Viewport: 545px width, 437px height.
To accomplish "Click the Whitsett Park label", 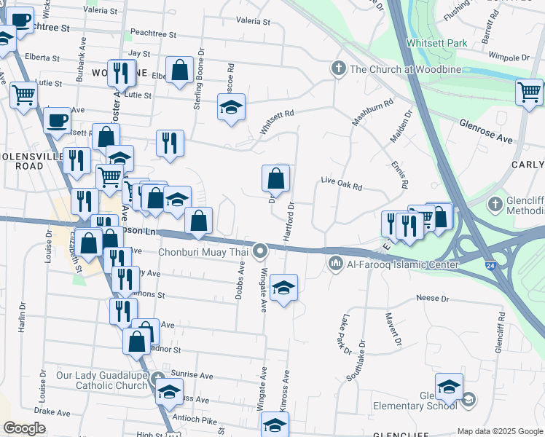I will (437, 44).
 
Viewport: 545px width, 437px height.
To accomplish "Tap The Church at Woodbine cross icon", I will (338, 69).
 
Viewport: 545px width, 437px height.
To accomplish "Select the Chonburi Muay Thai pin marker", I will (261, 252).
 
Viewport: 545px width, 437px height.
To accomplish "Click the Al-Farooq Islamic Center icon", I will (336, 263).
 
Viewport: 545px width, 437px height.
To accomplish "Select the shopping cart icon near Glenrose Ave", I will (529, 92).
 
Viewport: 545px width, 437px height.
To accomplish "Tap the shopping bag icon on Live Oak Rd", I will (276, 177).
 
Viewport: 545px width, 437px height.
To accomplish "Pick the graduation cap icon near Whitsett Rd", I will (231, 107).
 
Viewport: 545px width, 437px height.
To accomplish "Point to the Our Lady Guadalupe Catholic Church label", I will (102, 381).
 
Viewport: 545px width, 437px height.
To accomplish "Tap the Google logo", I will (24, 428).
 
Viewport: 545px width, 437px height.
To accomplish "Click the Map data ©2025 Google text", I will (499, 431).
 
